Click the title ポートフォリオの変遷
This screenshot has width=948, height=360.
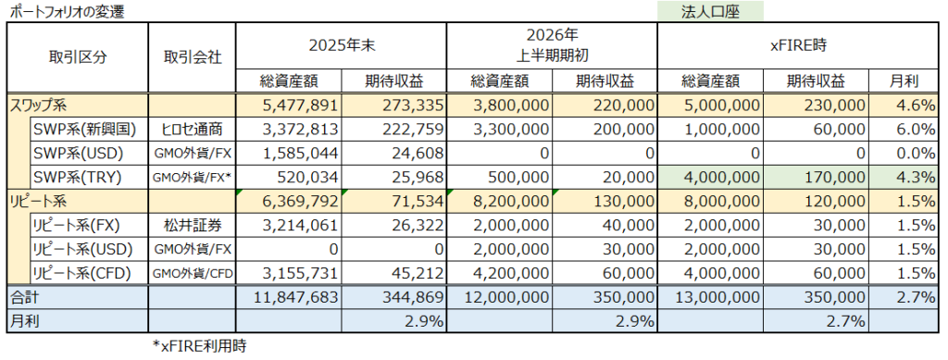[68, 11]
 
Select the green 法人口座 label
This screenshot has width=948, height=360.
[710, 11]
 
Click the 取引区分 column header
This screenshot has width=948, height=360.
[78, 57]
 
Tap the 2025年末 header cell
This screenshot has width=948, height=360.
[341, 46]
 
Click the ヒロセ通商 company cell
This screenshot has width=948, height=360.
[192, 130]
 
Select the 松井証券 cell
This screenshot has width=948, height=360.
[192, 225]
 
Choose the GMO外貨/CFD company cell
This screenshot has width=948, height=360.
[192, 273]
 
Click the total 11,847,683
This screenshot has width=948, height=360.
[289, 297]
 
